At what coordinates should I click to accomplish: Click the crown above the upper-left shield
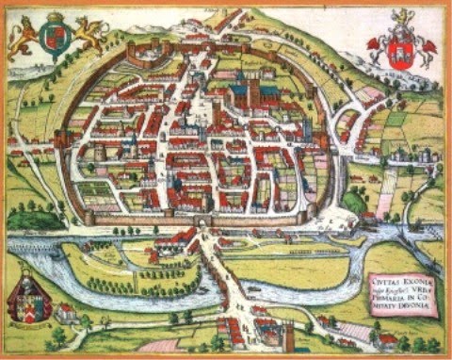click(x=55, y=17)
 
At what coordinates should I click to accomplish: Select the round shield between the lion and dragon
click(x=55, y=40)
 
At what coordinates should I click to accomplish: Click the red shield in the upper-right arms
click(x=402, y=50)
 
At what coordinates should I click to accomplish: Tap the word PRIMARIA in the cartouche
click(x=385, y=301)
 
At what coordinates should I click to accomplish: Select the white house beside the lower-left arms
click(x=65, y=312)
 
